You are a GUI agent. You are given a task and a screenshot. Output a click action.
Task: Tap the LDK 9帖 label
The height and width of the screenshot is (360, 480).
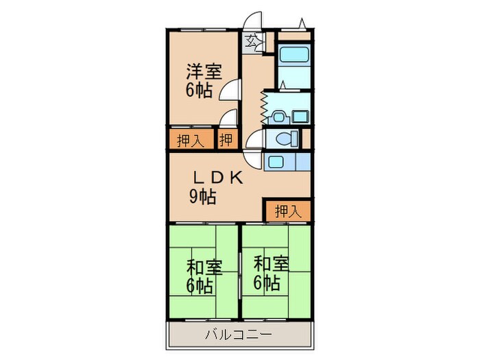click(214, 187)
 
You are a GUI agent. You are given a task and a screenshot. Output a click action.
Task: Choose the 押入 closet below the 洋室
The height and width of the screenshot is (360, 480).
click(190, 141)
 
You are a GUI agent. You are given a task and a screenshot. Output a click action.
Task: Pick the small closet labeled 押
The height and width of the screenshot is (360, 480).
click(226, 140)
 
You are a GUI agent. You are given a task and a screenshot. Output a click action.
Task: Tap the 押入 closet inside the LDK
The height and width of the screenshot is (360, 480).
click(287, 211)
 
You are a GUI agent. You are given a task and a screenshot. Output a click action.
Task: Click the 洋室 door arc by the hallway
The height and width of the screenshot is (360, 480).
click(233, 89)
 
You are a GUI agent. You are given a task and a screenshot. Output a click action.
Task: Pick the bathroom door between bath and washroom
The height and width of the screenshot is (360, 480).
click(289, 86)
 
